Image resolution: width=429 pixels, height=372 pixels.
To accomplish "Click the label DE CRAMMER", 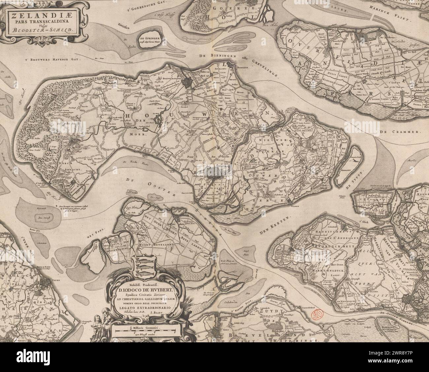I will [406, 132].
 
